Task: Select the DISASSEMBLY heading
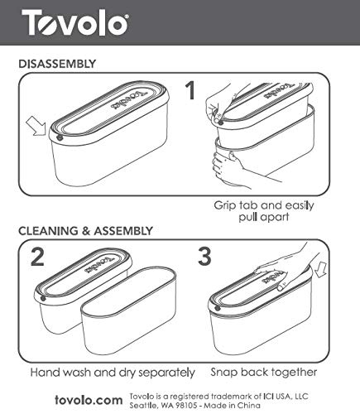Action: (56, 63)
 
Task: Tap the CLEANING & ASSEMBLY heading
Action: (85, 230)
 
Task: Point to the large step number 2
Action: (36, 258)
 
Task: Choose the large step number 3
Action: (204, 258)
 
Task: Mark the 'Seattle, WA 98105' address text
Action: (163, 405)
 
